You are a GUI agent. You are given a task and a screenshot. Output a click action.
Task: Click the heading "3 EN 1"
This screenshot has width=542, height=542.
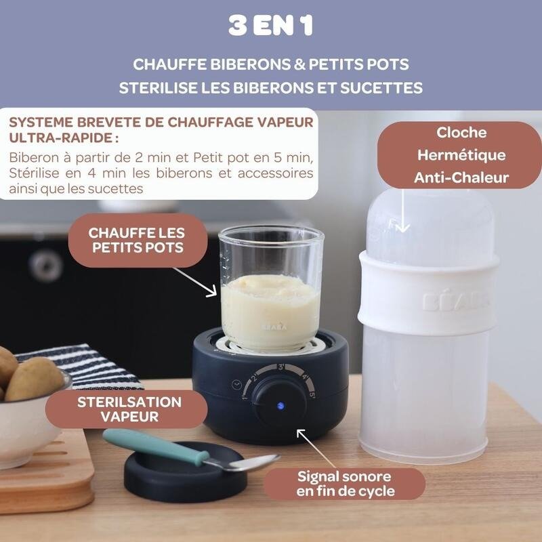(270, 26)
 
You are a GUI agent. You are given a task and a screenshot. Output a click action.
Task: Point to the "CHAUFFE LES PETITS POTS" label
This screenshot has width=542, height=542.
(138, 241)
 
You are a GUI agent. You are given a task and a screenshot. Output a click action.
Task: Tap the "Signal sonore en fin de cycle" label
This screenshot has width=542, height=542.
(344, 484)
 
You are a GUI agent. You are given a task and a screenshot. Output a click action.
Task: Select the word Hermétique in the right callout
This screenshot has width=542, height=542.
(461, 155)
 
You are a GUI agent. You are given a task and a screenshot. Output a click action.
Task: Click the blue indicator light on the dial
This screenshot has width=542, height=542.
(280, 405)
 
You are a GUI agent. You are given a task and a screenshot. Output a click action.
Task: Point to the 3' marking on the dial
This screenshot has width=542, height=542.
(282, 367)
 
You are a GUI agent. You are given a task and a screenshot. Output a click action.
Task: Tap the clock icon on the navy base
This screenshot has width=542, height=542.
(236, 385)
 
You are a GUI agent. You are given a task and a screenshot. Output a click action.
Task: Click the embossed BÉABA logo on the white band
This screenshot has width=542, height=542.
(455, 301)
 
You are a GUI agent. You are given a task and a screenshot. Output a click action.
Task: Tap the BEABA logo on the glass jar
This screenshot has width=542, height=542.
(274, 327)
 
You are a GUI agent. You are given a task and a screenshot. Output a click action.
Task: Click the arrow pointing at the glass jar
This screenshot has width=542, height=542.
(195, 282)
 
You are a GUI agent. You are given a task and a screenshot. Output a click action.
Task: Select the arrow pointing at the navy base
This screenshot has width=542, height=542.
(316, 449)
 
